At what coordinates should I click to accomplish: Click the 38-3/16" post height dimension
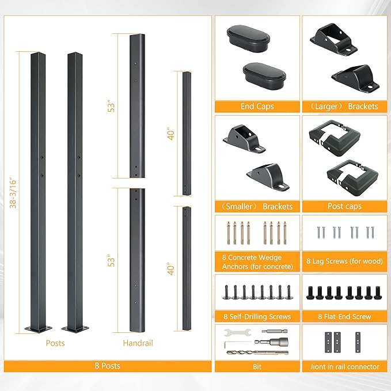[13, 193]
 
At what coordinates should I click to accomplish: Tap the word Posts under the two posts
[55, 343]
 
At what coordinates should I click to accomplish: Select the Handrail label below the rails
[138, 343]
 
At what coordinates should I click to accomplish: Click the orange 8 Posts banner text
[108, 366]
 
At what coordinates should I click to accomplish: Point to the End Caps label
[257, 107]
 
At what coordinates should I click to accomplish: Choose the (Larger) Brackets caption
[344, 107]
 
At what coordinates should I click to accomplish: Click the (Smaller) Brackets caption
[257, 207]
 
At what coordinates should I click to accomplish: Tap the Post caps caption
[344, 206]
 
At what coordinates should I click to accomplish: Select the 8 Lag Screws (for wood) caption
[344, 261]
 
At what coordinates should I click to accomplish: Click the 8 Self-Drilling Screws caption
[257, 317]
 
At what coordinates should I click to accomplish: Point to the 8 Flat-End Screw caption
[344, 317]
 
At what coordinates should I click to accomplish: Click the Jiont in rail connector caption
[344, 367]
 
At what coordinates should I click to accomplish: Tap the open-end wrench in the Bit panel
[237, 333]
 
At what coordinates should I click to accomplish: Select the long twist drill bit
[257, 352]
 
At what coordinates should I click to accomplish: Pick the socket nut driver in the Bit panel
[271, 341]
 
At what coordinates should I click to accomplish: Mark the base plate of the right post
[75, 329]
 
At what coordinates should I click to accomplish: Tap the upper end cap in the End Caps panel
[248, 39]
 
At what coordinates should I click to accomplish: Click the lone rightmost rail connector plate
[358, 342]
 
